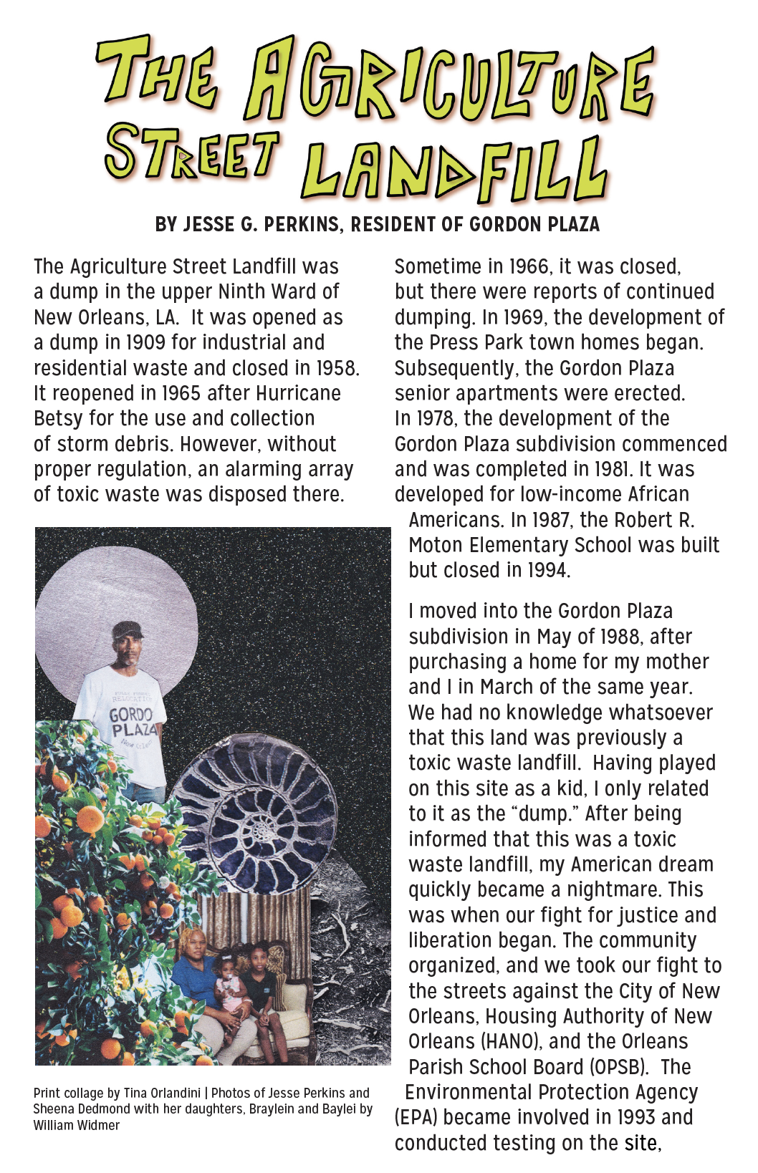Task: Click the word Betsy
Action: click(55, 419)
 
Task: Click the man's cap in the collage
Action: click(127, 629)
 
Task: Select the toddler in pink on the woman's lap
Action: click(229, 983)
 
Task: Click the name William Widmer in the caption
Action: click(77, 1125)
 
